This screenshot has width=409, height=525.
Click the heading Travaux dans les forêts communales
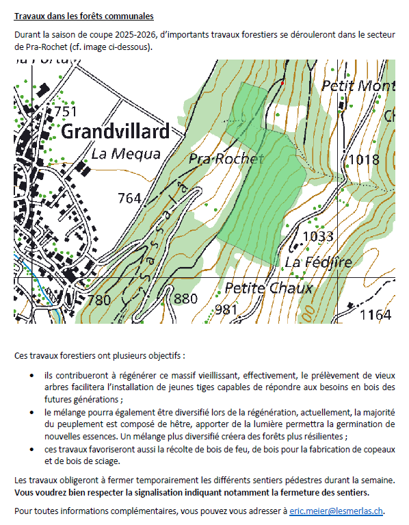click(83, 16)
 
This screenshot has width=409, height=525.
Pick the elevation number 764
click(129, 199)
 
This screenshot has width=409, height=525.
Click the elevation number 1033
click(317, 237)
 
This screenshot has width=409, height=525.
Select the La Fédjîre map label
click(319, 262)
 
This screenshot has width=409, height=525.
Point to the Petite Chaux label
click(268, 287)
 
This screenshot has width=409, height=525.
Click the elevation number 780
click(98, 300)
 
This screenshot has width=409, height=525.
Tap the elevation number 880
click(185, 299)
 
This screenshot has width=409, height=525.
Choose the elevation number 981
click(226, 309)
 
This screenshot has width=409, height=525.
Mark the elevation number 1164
click(375, 314)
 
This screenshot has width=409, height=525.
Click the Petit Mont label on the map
click(358, 87)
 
